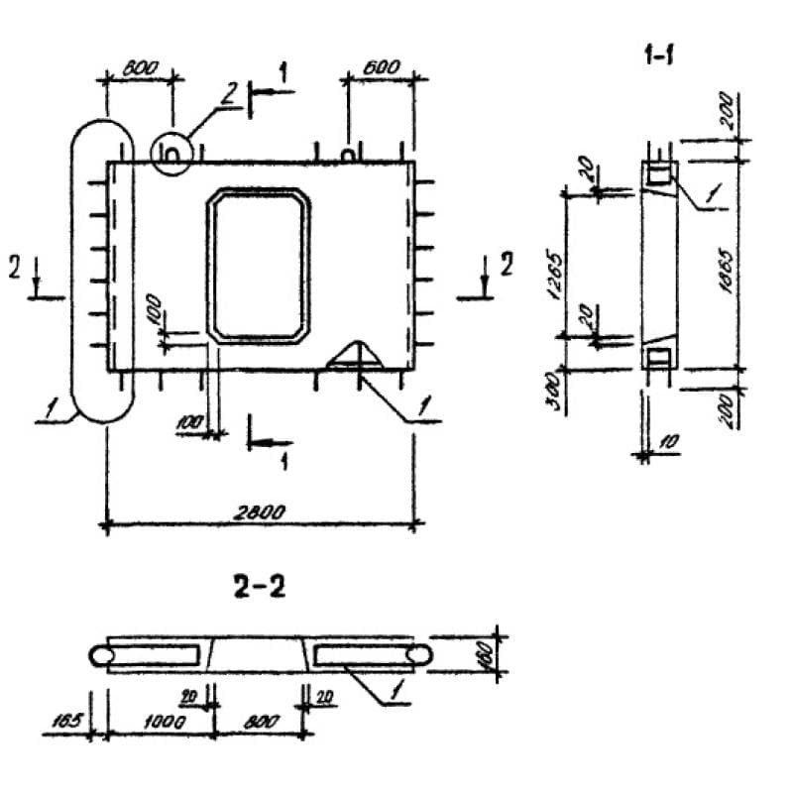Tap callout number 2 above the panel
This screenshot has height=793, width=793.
point(227,96)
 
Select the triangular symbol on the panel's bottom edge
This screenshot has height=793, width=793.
point(354,356)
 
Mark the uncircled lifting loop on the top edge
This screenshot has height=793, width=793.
point(348,154)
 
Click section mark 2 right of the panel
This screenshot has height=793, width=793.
point(508,265)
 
